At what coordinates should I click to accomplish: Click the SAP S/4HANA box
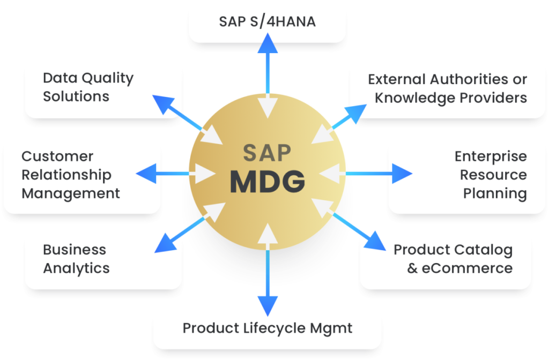[267, 22]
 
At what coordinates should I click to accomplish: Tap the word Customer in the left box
[57, 156]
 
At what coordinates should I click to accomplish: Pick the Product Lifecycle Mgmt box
[267, 328]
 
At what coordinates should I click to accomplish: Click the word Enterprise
[491, 156]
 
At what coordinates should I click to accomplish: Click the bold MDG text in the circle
[268, 182]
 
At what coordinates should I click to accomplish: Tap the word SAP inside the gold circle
[268, 153]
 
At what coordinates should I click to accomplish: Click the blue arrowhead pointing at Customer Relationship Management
[144, 174]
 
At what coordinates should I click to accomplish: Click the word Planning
[495, 193]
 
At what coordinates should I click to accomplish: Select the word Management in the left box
[71, 193]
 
